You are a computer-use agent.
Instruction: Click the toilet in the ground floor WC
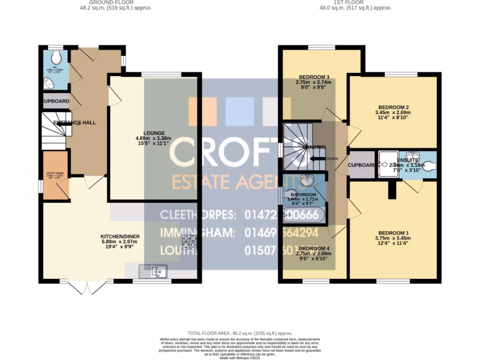pos(56,57)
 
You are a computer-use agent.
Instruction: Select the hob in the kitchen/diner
pos(189,241)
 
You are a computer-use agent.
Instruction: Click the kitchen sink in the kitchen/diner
pos(154,271)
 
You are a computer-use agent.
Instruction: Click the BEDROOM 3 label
pos(314,77)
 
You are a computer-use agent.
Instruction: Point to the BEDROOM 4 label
pos(315,248)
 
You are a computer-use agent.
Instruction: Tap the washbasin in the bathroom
pos(305,180)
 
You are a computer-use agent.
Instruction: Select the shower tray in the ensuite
pos(388,165)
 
